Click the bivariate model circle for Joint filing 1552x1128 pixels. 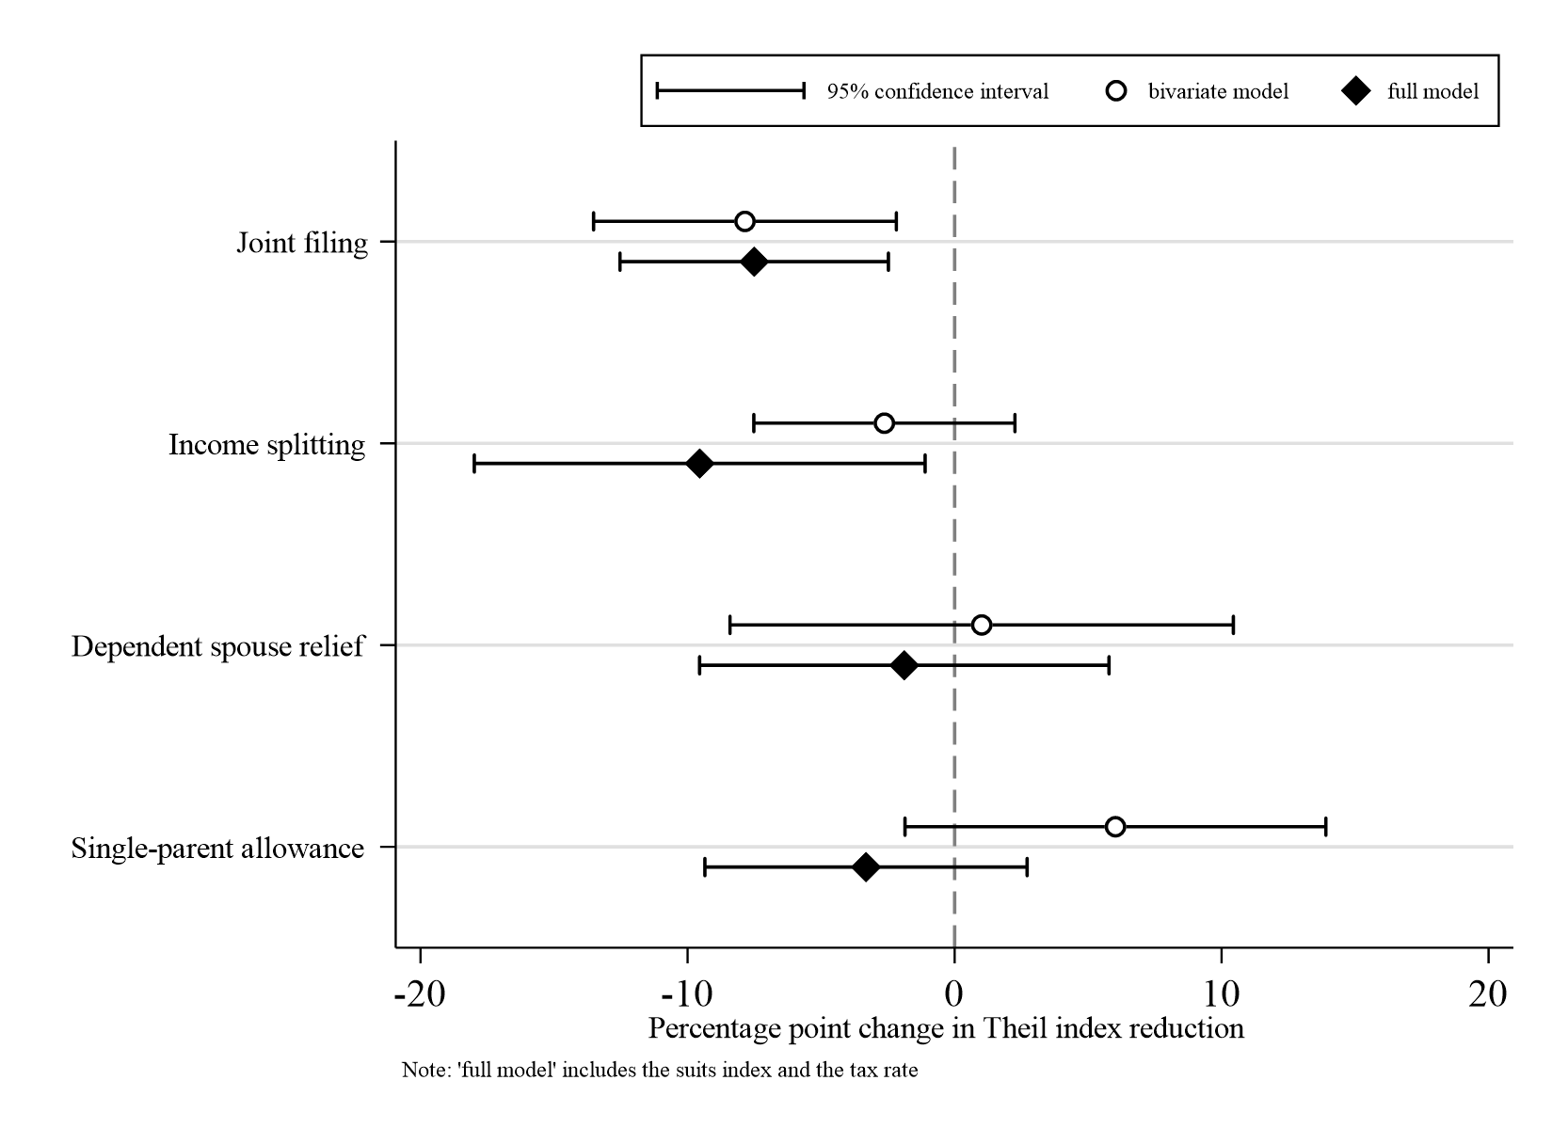click(x=744, y=222)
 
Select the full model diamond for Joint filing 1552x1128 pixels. click(x=753, y=262)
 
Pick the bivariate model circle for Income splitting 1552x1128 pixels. click(x=884, y=423)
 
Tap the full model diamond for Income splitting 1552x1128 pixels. click(x=699, y=464)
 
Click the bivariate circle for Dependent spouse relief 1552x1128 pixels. click(x=981, y=626)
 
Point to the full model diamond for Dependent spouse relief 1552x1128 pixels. click(x=904, y=666)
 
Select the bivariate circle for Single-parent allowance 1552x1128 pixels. click(x=1115, y=827)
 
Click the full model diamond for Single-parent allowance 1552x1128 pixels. click(x=866, y=867)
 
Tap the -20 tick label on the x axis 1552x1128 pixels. click(x=420, y=994)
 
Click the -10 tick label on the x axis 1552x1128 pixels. click(x=687, y=994)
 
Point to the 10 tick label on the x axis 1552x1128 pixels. click(x=1222, y=994)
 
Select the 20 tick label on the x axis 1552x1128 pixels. click(x=1488, y=994)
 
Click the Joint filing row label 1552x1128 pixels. click(x=302, y=244)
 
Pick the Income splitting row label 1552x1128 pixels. click(x=267, y=445)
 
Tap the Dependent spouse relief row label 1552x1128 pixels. click(x=218, y=647)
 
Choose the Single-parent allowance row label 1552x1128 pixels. click(x=218, y=849)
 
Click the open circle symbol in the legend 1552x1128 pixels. click(x=1116, y=91)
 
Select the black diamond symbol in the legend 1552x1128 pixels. click(x=1356, y=91)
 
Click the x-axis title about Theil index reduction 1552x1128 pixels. click(x=946, y=1028)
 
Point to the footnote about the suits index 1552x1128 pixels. click(x=659, y=1070)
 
